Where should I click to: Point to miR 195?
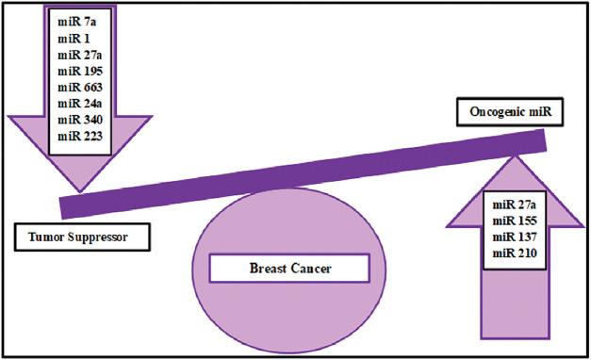pyautogui.click(x=78, y=71)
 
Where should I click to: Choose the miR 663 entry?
pyautogui.click(x=78, y=87)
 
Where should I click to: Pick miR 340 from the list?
pyautogui.click(x=78, y=120)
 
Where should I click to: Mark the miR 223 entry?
pyautogui.click(x=78, y=137)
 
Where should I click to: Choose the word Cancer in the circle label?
pyautogui.click(x=316, y=270)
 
